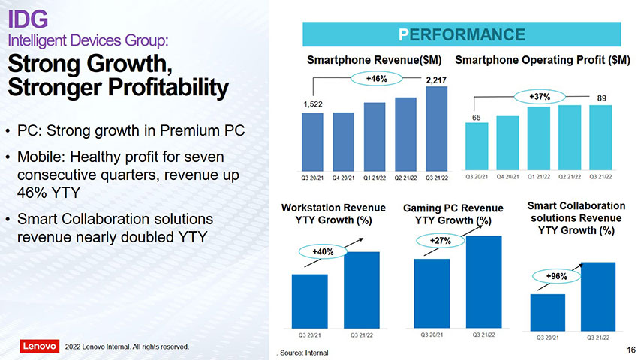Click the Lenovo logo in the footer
click(39, 346)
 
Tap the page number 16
click(630, 350)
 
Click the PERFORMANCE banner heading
click(462, 34)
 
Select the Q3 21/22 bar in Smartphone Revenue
click(436, 128)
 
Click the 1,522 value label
click(313, 104)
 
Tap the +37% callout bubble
click(540, 97)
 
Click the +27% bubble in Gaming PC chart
click(430, 240)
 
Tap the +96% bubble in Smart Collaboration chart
click(557, 277)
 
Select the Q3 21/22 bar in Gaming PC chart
click(483, 280)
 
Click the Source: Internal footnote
click(303, 352)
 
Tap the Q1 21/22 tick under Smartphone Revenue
click(375, 178)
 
